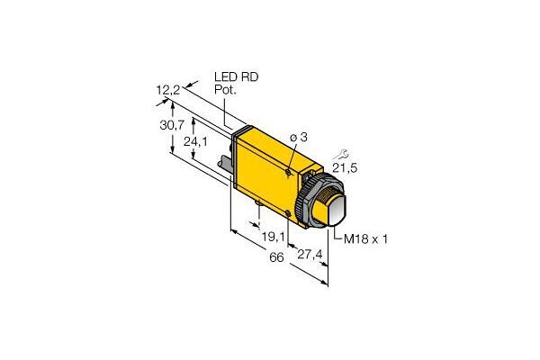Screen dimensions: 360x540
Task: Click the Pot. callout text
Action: point(227,91)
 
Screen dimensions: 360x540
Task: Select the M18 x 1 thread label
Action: point(366,238)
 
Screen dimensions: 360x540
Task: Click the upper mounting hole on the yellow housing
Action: point(287,170)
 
